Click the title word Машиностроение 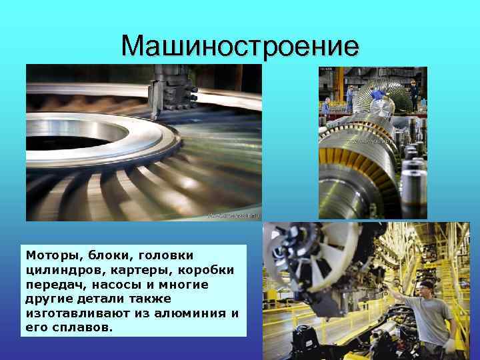pyautogui.click(x=240, y=46)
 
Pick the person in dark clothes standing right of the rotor pyautogui.click(x=414, y=93)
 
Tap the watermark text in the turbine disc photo pyautogui.click(x=233, y=215)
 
